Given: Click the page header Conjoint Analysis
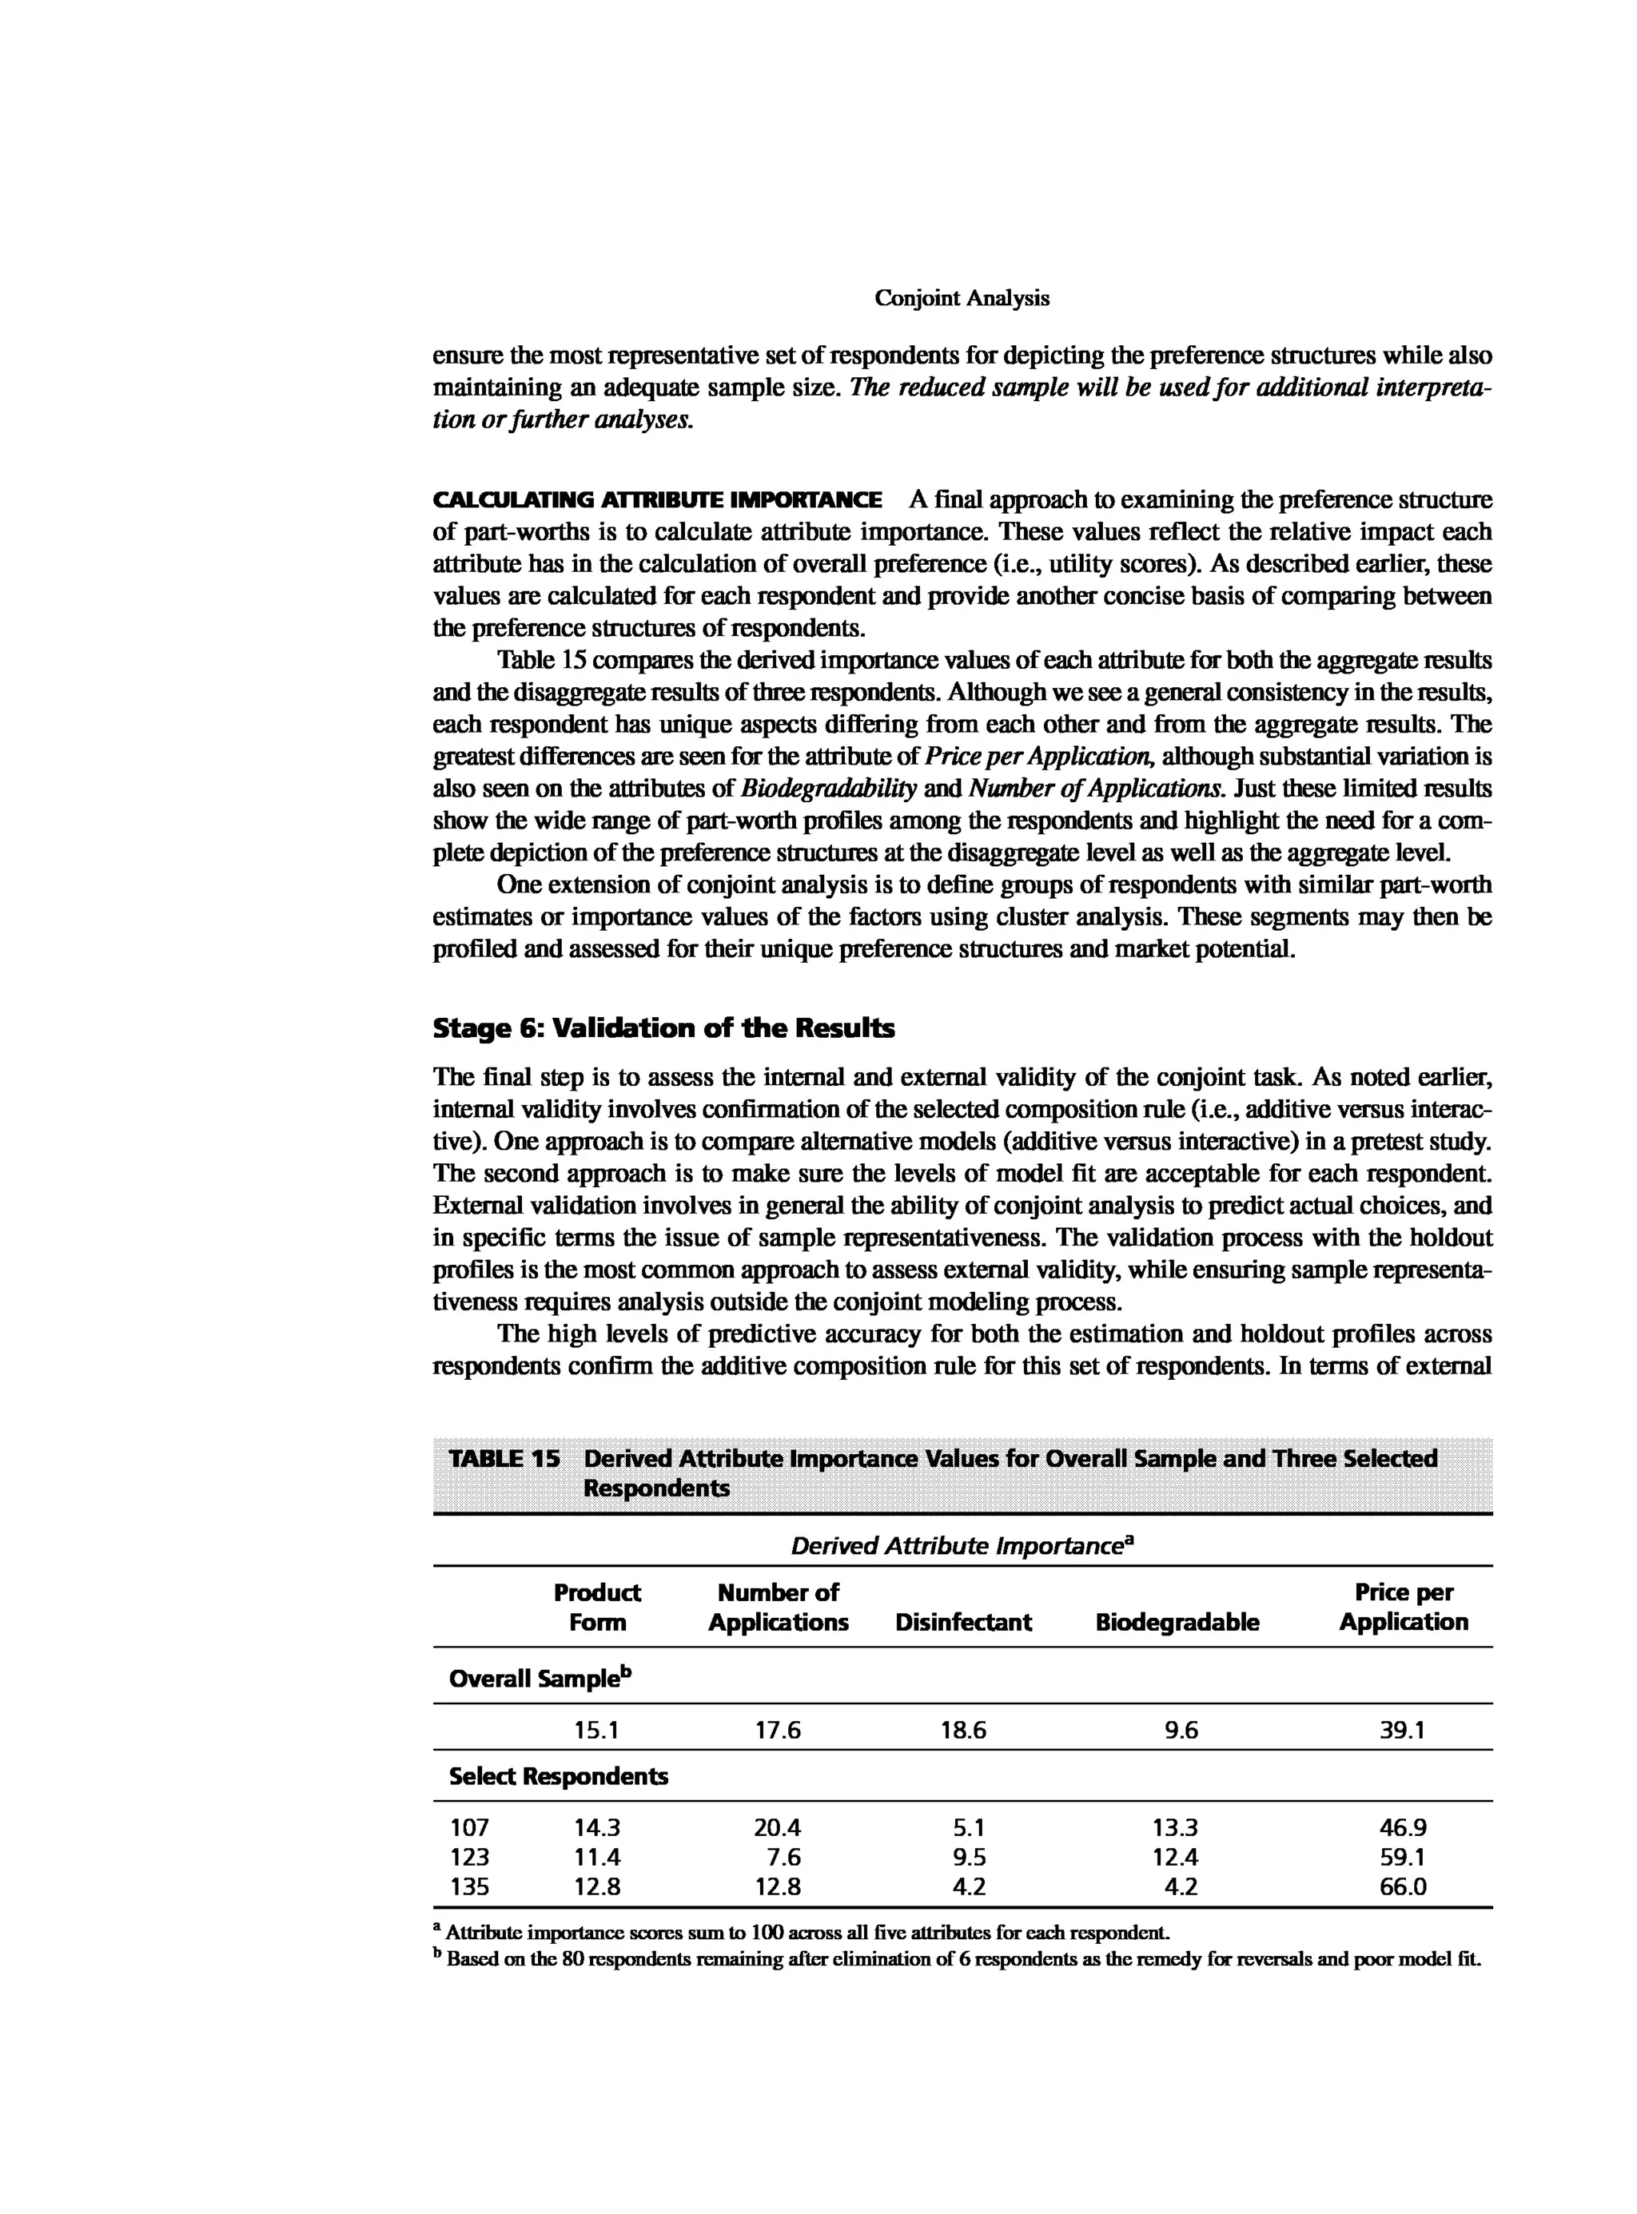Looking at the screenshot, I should click(x=962, y=298).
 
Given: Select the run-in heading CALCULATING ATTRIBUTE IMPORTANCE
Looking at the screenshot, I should click(x=657, y=499).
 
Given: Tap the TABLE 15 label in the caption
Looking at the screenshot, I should click(x=504, y=1458).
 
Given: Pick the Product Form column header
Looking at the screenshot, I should click(x=596, y=1607).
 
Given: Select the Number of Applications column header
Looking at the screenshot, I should click(x=778, y=1607).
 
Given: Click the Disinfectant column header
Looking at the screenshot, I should click(x=963, y=1622).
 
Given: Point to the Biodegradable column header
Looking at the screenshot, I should click(x=1177, y=1622).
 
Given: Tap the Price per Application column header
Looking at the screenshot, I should click(x=1403, y=1607).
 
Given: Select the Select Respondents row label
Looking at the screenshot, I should click(x=558, y=1776).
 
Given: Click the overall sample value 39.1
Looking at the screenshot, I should click(x=1403, y=1731).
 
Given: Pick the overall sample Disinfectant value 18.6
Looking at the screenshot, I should click(x=963, y=1731).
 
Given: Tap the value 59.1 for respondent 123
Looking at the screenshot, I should click(x=1403, y=1858).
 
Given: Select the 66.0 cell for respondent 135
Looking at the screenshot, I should click(x=1403, y=1887).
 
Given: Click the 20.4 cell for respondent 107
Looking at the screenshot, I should click(x=778, y=1827).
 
